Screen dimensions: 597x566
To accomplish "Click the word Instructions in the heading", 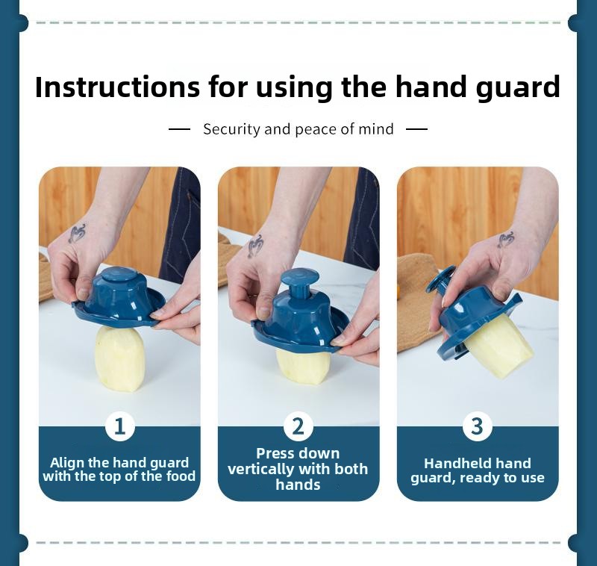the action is (117, 87).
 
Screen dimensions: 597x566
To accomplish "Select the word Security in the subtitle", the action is (231, 129).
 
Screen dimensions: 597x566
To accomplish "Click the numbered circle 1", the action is (120, 426).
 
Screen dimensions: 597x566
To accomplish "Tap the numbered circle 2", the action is (298, 426).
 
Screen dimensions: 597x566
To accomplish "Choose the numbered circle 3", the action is (478, 426).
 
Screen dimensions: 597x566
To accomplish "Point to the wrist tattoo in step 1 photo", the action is (78, 233).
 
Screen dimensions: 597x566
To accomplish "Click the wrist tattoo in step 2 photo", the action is (255, 246).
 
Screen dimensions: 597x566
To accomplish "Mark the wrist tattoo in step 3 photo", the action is (507, 240).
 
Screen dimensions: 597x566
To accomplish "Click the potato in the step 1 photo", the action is (119, 359).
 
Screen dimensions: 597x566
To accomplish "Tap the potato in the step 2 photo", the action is (303, 367).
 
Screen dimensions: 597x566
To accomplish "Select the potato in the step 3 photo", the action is (498, 346).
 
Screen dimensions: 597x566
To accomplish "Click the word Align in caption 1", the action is (67, 463).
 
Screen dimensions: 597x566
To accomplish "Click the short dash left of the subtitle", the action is (179, 129).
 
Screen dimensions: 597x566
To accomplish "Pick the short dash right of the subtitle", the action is (416, 129).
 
